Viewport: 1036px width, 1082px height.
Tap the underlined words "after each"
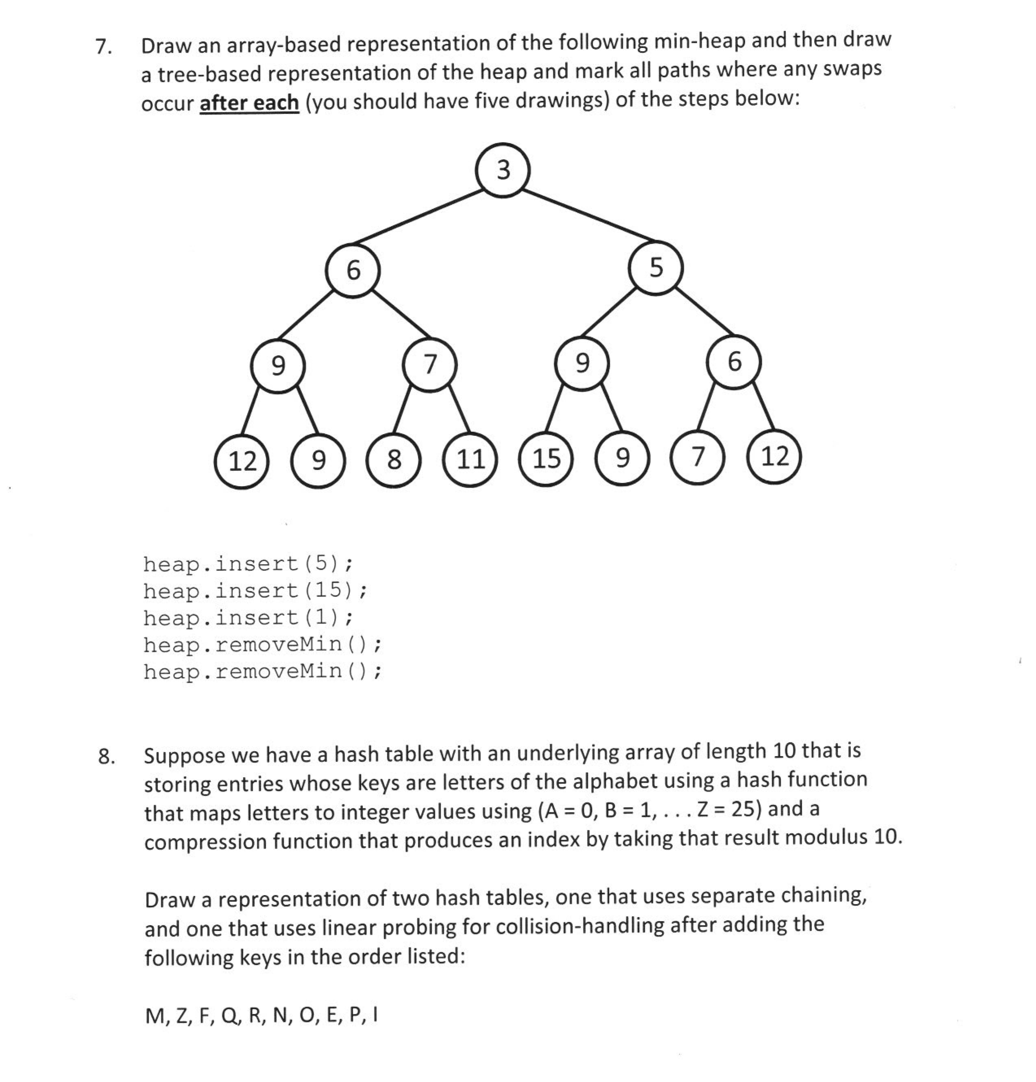(x=249, y=103)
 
